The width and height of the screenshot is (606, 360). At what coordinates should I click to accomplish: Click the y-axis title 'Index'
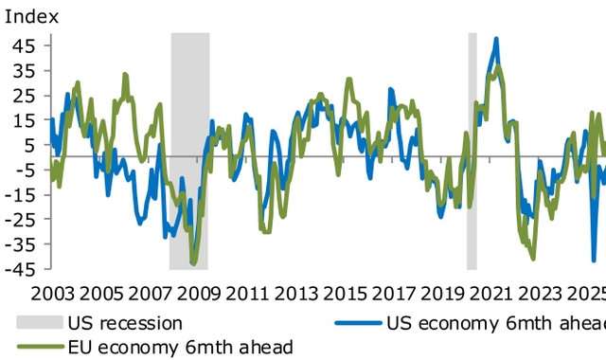(x=31, y=16)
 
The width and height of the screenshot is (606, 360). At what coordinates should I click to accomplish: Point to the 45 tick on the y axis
(x=24, y=45)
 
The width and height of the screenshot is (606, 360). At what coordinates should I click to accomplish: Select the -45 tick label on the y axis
(x=22, y=268)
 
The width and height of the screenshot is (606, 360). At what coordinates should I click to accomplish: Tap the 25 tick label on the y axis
(x=24, y=95)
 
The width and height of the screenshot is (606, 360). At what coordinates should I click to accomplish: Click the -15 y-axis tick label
(x=22, y=194)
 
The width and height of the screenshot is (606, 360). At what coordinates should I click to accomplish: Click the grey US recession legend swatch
(x=38, y=322)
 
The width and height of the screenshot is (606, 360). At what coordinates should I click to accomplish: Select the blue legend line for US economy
(x=358, y=322)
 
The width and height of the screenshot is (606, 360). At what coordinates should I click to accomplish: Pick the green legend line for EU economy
(x=38, y=346)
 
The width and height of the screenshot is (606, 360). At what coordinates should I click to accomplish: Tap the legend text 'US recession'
(x=125, y=322)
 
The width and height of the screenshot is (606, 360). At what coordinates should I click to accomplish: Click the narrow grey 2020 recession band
(x=472, y=152)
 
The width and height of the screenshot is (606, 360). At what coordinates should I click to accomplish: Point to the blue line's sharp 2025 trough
(x=594, y=259)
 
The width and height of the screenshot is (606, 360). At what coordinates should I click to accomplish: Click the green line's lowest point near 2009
(x=193, y=262)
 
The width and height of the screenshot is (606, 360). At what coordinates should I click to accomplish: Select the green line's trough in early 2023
(x=533, y=257)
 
